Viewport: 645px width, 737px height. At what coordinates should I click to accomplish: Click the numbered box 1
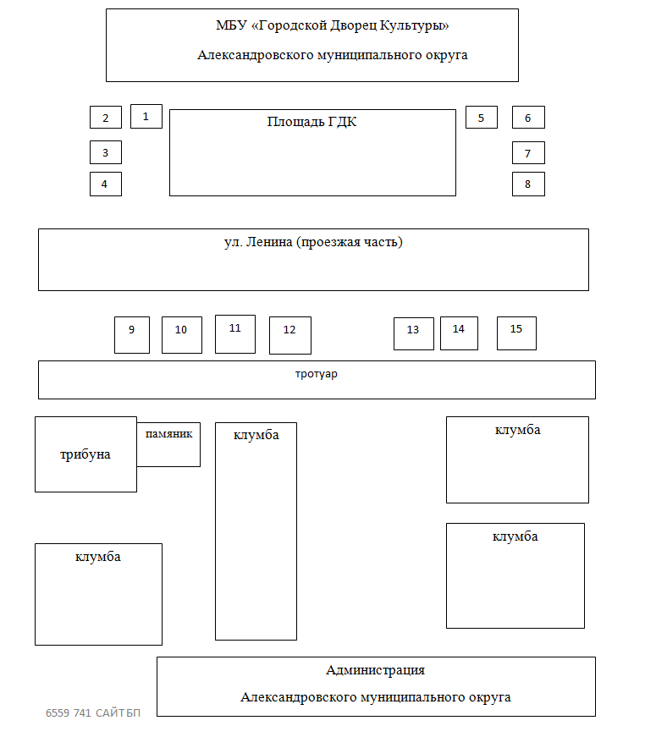coord(146,117)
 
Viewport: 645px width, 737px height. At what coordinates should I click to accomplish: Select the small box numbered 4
coord(106,184)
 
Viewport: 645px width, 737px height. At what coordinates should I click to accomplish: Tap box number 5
coord(482,118)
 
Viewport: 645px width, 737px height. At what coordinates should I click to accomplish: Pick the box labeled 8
coord(528,184)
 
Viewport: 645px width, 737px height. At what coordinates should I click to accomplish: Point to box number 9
coord(132,335)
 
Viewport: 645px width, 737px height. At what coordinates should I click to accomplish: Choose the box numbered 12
coord(290,336)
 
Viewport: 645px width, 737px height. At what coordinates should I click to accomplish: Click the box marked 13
coord(414,333)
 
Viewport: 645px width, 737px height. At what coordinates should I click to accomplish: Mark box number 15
coord(516,333)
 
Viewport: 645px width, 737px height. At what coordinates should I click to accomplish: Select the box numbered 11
coord(235,334)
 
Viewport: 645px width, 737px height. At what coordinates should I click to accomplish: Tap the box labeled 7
coord(528,153)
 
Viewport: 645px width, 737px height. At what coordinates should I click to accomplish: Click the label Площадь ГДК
coord(311,122)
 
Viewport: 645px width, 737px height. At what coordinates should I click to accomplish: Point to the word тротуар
coord(317,374)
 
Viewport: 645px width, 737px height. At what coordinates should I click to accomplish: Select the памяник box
coord(168,444)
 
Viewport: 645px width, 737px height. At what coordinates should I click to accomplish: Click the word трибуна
coord(85,454)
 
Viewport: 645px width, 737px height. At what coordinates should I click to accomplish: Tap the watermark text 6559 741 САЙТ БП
coord(93,713)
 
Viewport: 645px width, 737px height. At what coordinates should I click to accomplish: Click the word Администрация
coord(375,670)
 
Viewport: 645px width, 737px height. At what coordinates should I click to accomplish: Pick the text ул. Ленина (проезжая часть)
coord(313,242)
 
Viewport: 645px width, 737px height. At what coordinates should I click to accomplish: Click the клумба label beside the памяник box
coord(256,435)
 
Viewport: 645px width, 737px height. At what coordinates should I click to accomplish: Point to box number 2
coord(106,118)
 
